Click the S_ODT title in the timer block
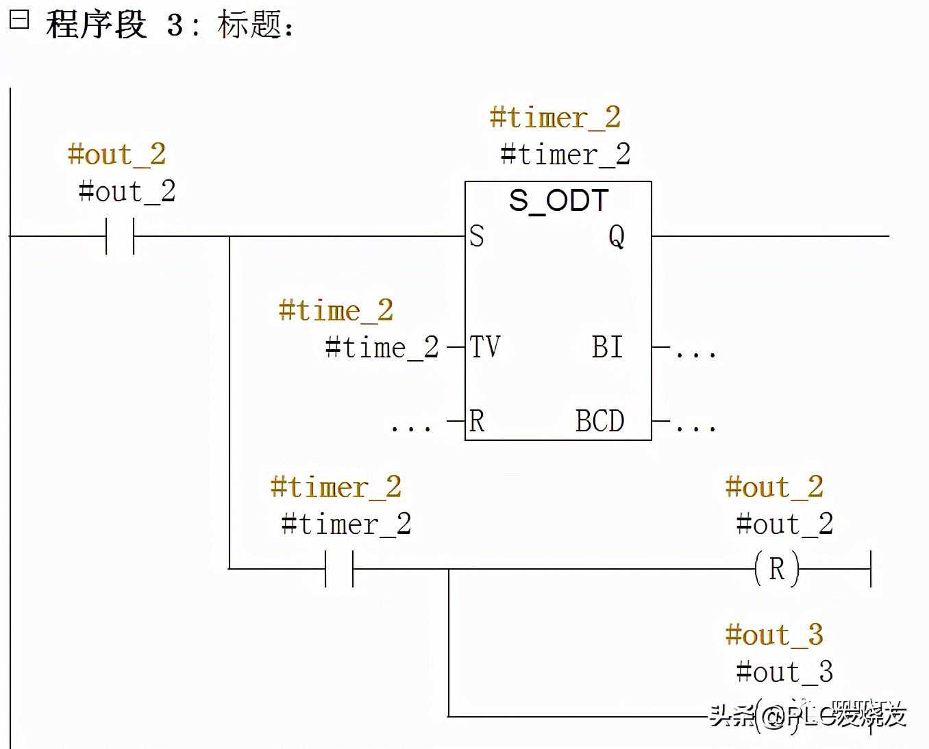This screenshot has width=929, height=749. (558, 201)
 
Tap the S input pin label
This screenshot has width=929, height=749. (477, 236)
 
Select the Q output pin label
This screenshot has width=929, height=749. (617, 237)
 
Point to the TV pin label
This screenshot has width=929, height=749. (485, 347)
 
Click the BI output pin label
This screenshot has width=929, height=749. (608, 347)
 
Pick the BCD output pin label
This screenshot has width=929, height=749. (599, 421)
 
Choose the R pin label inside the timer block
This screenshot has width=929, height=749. (477, 421)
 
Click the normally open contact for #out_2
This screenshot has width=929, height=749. (120, 236)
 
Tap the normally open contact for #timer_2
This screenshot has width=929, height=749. (339, 569)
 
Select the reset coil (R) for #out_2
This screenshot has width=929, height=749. (776, 569)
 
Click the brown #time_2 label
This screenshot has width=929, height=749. (336, 311)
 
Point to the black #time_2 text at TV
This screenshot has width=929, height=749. (382, 348)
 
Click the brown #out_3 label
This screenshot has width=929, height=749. (774, 635)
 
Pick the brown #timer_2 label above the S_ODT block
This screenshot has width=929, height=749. (555, 118)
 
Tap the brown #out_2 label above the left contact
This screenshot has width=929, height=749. (116, 155)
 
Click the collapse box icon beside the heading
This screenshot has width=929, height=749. (19, 19)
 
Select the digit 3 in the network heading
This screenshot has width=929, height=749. (175, 26)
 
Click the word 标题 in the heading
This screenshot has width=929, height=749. (249, 25)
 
